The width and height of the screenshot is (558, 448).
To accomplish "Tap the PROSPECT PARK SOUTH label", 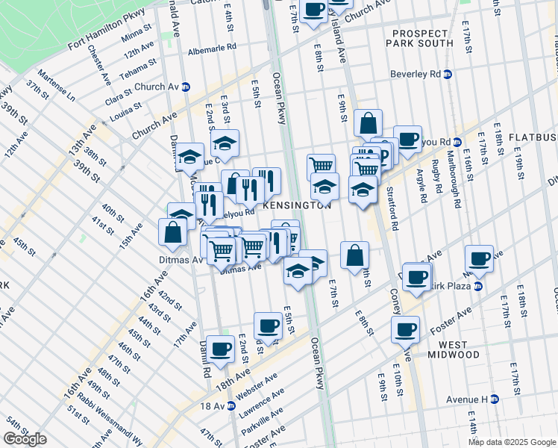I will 419,37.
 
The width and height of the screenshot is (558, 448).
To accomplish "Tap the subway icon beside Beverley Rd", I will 448,75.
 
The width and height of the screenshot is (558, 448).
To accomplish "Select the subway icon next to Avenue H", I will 494,399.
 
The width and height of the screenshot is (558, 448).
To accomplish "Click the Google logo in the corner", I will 25,439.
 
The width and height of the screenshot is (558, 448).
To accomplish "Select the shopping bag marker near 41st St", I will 173,231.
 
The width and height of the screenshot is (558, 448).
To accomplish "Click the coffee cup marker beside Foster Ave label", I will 406,329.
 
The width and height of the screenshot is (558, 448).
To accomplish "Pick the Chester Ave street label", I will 99,65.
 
